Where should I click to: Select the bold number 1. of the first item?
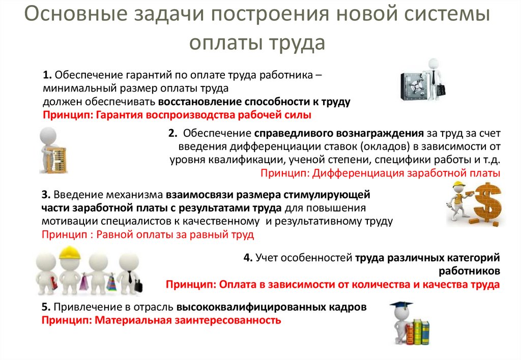tap(47, 76)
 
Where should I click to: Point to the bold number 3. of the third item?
tap(45, 195)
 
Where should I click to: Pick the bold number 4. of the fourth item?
tap(248, 258)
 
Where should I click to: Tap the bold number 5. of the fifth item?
tap(45, 308)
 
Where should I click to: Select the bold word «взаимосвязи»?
tap(196, 195)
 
